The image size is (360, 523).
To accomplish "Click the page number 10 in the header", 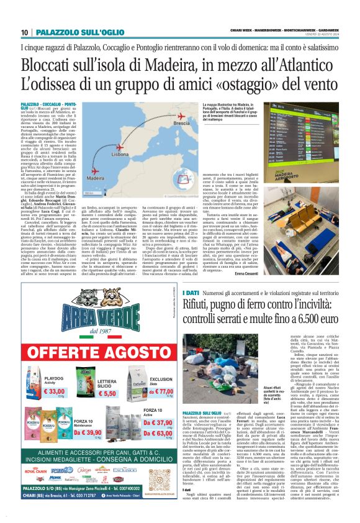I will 24,32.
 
